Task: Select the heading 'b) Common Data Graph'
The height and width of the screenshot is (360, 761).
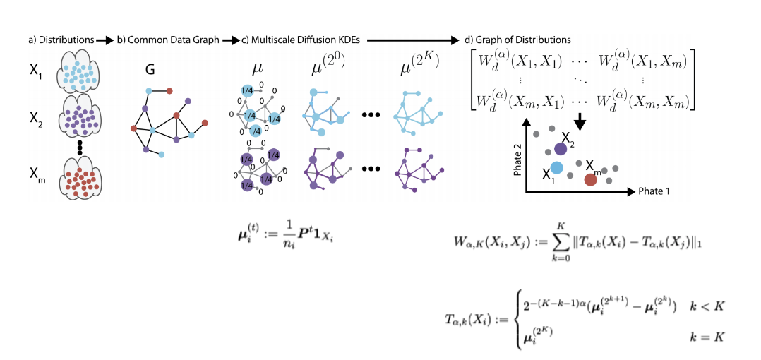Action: (167, 40)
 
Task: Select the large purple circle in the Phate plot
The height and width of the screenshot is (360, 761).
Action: (561, 148)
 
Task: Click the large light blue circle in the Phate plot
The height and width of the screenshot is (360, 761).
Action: (556, 169)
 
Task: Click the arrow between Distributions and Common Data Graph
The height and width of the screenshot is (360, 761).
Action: (104, 41)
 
